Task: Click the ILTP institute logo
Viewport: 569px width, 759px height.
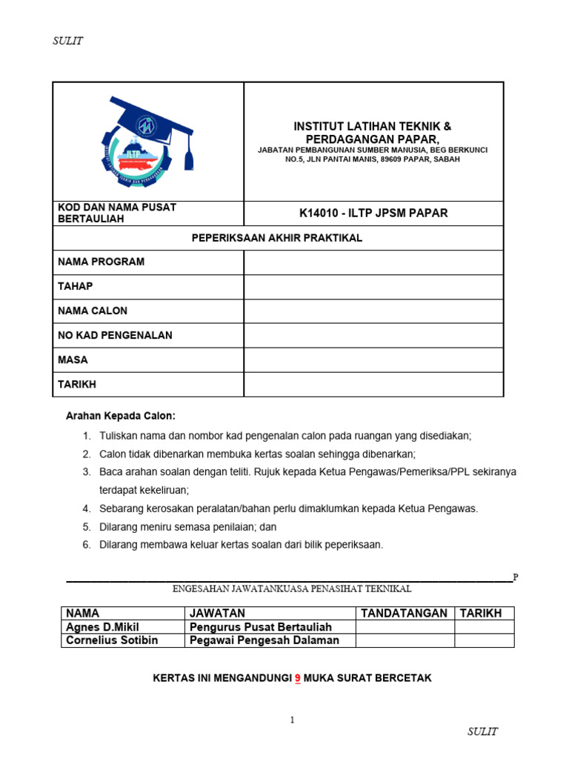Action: (147, 141)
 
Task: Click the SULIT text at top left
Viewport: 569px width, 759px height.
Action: (67, 42)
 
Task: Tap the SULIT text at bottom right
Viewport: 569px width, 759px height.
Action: (482, 732)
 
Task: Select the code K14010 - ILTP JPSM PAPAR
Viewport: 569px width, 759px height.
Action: (373, 213)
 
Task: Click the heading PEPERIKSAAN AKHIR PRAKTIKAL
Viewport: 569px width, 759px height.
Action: (278, 238)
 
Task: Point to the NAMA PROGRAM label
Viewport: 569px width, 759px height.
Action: (102, 262)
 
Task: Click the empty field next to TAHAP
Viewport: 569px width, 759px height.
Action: (373, 287)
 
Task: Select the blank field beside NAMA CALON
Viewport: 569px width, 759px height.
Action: (373, 311)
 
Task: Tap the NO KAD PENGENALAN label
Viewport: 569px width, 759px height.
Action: (115, 335)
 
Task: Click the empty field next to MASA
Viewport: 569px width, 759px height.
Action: (373, 360)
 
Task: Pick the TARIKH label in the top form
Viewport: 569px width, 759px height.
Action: (77, 384)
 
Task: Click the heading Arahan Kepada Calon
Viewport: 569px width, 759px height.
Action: (122, 417)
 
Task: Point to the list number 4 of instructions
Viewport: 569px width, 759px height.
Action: (86, 508)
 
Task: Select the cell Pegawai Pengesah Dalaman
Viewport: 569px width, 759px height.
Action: (264, 640)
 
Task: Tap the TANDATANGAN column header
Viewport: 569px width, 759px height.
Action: (404, 613)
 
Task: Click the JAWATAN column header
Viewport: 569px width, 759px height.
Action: (217, 613)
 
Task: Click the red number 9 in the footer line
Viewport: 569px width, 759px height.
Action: (298, 678)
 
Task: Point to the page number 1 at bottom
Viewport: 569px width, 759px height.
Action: (292, 720)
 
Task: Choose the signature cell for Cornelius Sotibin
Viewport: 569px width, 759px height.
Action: (405, 640)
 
